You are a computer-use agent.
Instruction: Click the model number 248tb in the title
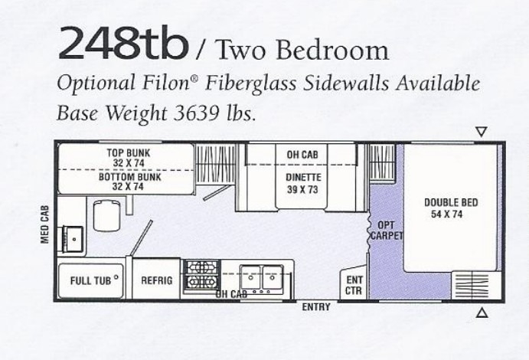(123, 43)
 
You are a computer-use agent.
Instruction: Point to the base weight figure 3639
(196, 113)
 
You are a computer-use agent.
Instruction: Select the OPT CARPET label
(387, 230)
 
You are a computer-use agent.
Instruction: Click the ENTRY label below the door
(316, 307)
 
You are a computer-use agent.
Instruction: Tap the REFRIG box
(156, 279)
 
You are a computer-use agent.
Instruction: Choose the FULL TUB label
(90, 280)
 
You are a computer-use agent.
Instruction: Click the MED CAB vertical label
(45, 224)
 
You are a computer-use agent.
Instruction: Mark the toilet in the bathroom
(106, 216)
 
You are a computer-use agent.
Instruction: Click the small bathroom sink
(74, 239)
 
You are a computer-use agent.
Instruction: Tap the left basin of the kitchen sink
(250, 277)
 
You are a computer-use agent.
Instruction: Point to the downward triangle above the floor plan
(482, 131)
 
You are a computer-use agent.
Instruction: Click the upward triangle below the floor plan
(482, 313)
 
